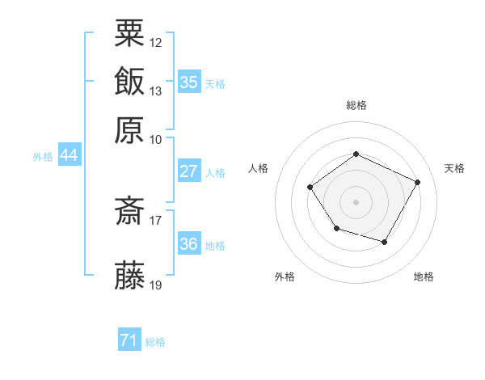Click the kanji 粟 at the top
coord(130,33)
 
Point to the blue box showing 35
coord(189,82)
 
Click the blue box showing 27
coord(188,171)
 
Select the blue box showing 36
coord(189,244)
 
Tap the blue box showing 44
coord(70,155)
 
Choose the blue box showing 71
coord(129,340)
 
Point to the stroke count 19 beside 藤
coord(156,285)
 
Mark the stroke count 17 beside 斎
coord(156,219)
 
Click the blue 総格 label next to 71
coord(155,342)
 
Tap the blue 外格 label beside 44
coord(43,157)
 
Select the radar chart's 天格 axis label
coord(454,168)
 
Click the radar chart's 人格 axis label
coord(259,168)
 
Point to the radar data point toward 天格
coord(417,182)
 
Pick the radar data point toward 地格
coord(385,242)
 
